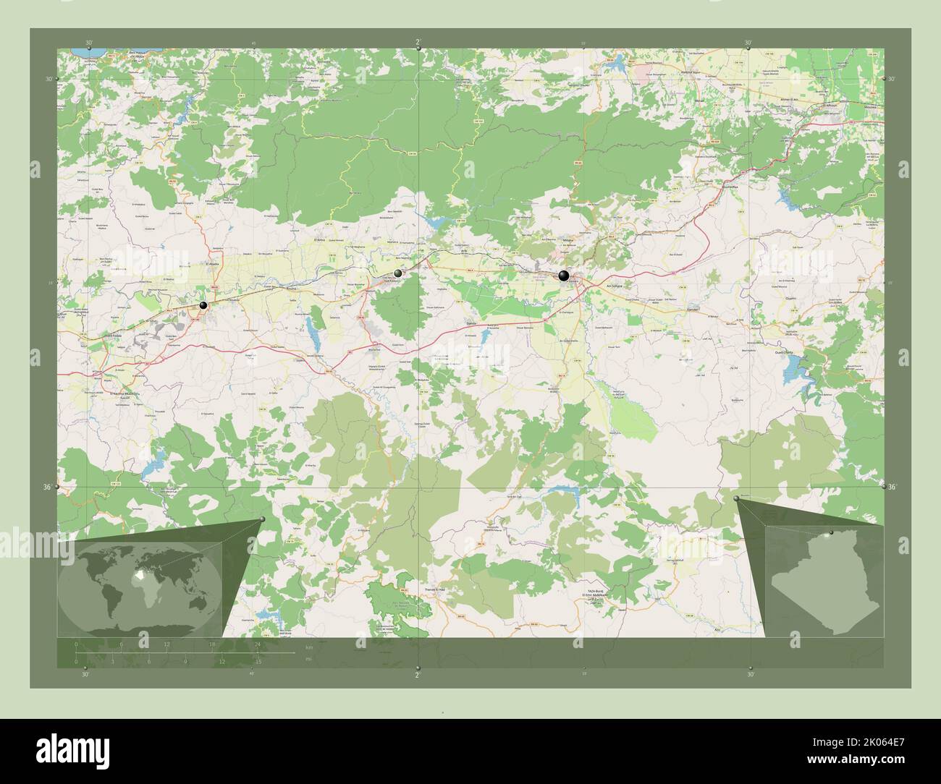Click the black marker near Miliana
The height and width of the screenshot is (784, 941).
(x=564, y=275)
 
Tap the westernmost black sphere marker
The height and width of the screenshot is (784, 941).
(x=203, y=306)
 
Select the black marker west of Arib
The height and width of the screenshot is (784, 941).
(x=398, y=273)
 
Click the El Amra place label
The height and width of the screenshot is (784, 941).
(x=319, y=238)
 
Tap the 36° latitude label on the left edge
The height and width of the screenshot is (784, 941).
(x=47, y=487)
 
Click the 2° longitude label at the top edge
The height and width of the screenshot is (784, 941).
(x=418, y=41)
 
